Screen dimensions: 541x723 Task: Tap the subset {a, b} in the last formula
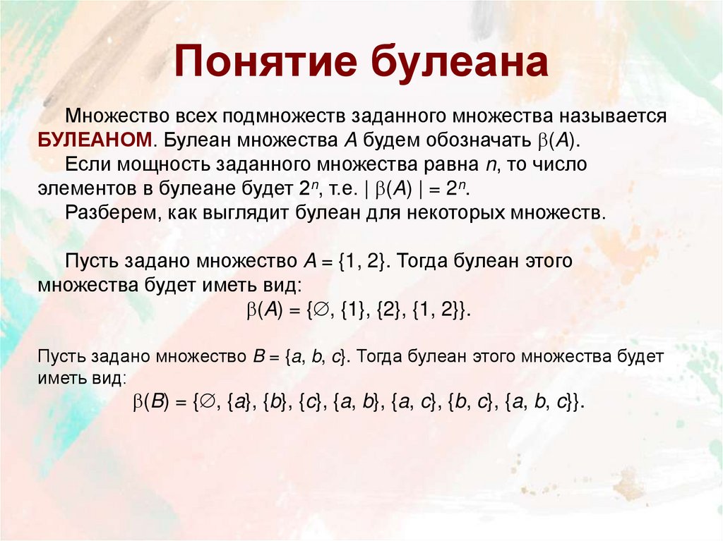click(357, 403)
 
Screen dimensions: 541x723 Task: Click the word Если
click(84, 164)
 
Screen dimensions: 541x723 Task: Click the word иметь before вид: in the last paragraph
click(63, 378)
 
